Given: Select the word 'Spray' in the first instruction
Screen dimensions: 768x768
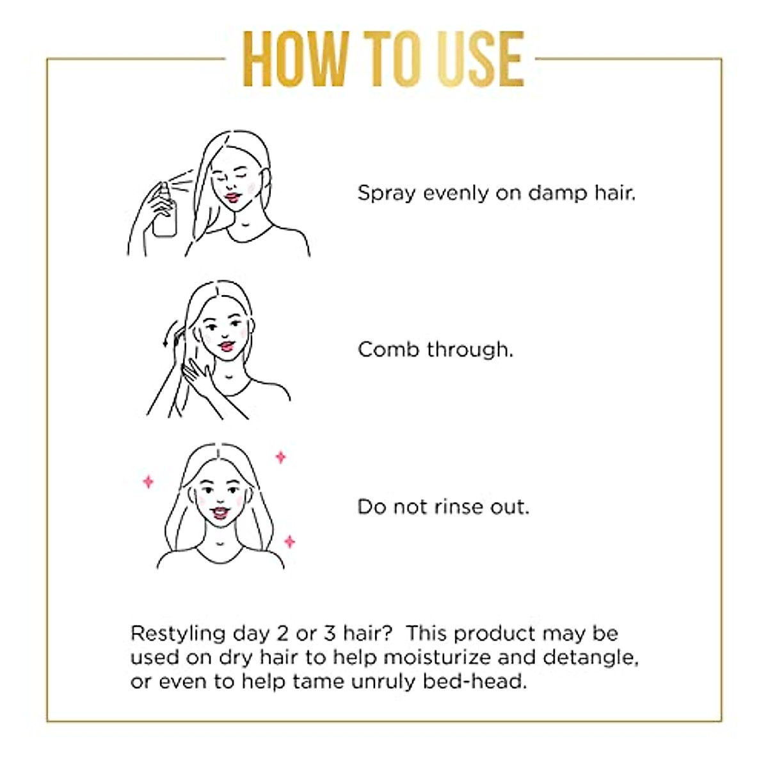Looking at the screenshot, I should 387,194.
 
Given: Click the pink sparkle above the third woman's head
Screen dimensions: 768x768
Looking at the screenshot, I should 280,457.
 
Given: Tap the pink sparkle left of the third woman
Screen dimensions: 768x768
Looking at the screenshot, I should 148,481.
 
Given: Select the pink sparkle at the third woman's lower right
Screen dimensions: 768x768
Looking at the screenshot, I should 289,541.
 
